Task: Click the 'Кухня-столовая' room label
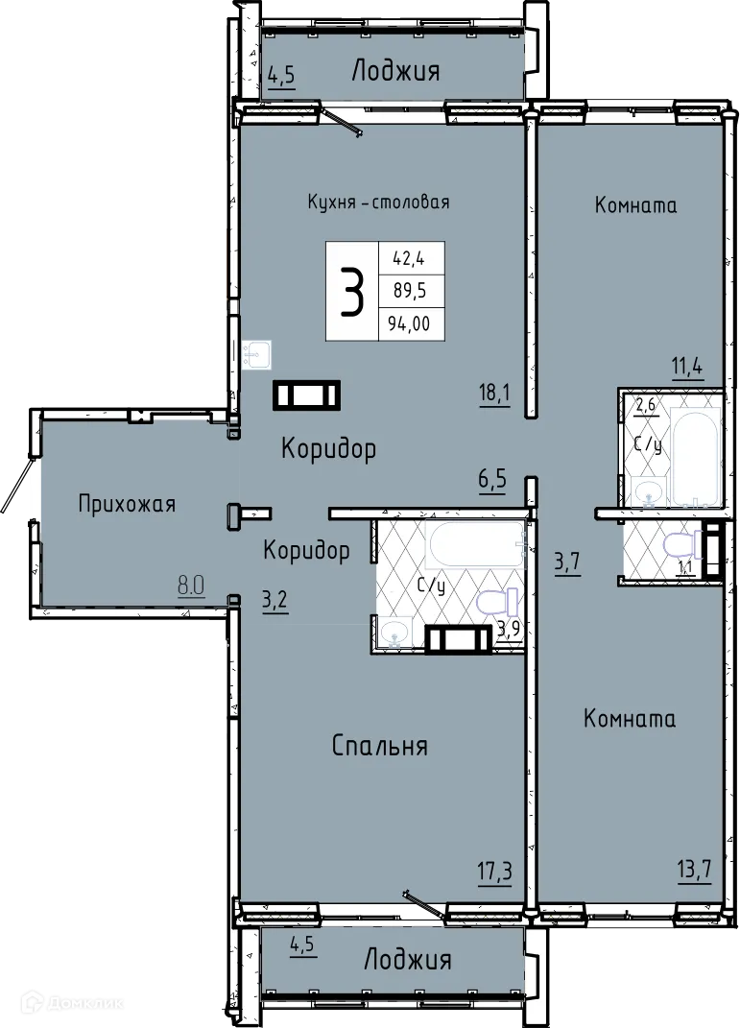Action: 378,203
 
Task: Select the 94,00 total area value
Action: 409,324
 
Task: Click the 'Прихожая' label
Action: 127,504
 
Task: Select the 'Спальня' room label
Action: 379,746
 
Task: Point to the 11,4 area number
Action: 687,365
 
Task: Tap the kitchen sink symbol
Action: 257,355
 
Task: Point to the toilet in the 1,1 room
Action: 680,546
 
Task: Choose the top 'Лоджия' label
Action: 395,71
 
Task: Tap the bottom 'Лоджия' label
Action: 407,959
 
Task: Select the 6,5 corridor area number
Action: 491,479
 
